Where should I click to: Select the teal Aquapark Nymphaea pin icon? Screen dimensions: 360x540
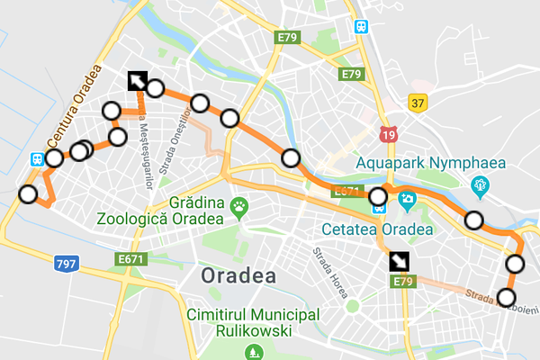coord(481,186)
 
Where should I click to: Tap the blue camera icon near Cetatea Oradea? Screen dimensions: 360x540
coord(406,199)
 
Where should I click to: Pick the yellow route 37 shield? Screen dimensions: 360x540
coord(417,103)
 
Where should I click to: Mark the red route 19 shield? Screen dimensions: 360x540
coord(388,135)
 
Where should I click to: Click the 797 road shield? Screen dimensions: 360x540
coord(67,265)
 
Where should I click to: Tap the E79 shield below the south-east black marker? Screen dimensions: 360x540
coord(401,282)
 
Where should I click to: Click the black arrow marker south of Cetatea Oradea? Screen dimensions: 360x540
coord(398,261)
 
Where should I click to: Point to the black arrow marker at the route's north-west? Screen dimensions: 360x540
coord(137,81)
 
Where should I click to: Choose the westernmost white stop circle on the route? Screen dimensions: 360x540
coord(29,193)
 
